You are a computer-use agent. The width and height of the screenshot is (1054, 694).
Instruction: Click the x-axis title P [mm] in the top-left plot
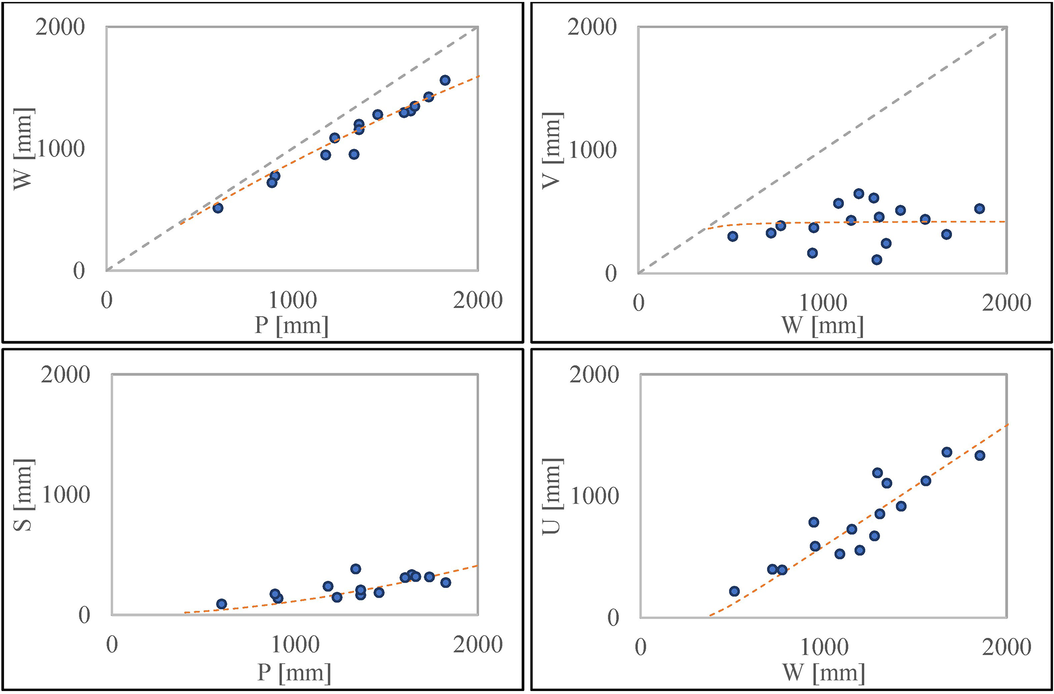(x=292, y=325)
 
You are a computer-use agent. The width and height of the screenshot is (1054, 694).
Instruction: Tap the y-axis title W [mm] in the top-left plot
(x=24, y=149)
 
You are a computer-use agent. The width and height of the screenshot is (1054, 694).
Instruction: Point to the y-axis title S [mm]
(x=24, y=495)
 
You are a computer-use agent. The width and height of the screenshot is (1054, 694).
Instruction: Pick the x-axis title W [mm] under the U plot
(x=823, y=673)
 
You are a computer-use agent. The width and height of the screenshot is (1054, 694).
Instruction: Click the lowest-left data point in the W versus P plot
(x=218, y=208)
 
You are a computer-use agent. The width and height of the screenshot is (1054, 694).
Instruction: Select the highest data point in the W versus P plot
(x=445, y=80)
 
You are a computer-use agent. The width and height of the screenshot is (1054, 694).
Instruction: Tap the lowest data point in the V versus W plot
(x=877, y=260)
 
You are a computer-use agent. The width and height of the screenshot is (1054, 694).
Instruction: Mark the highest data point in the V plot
(x=859, y=194)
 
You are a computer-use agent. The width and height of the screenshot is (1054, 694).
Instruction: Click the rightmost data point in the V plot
(x=979, y=209)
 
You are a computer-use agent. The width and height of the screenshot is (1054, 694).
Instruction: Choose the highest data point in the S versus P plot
(x=355, y=569)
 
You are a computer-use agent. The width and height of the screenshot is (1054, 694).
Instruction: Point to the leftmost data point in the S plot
(x=221, y=604)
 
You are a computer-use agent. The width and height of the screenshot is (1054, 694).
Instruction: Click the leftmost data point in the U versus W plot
(x=734, y=591)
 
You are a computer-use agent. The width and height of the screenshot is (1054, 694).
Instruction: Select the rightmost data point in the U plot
(x=980, y=455)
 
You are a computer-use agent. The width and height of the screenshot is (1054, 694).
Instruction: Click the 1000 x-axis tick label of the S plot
(x=295, y=645)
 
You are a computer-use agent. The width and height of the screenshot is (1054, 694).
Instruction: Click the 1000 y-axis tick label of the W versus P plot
(x=61, y=149)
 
